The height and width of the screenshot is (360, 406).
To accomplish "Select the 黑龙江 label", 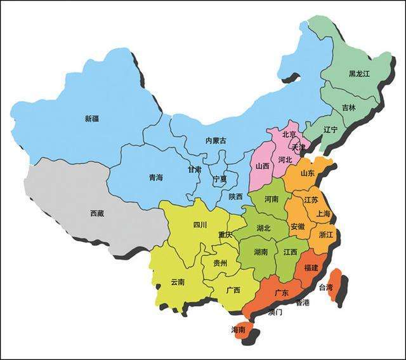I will click(x=358, y=74).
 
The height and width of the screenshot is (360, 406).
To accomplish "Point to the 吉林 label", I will click(x=349, y=108).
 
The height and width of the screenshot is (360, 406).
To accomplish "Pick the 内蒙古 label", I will click(x=216, y=140).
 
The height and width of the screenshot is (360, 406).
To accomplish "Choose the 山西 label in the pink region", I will click(x=262, y=166).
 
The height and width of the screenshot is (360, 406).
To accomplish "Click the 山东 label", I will click(x=307, y=173).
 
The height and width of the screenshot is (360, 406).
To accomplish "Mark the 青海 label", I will click(x=155, y=178).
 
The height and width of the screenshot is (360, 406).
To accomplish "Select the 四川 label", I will click(x=200, y=224).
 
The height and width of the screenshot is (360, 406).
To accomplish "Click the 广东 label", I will click(x=282, y=293).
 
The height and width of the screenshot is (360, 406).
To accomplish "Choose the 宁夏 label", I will click(x=219, y=180).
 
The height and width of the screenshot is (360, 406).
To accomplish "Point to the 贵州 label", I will click(x=220, y=262).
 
